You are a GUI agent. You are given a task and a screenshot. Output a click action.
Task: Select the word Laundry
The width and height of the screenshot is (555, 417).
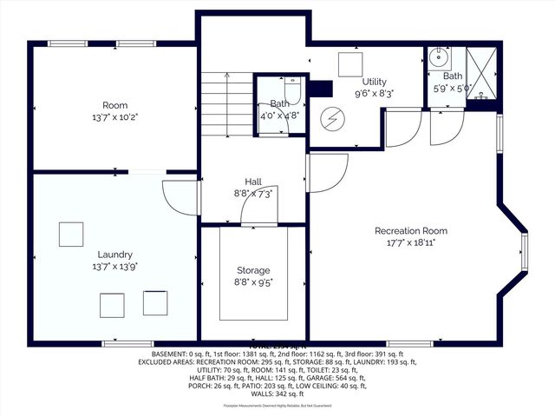(114, 255)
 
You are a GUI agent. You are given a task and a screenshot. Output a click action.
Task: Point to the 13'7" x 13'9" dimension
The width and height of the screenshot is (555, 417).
(114, 267)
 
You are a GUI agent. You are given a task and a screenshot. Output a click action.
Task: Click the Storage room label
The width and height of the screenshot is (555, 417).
(253, 270)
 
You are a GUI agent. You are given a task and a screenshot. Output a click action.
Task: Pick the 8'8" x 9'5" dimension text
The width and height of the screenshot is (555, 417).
(253, 282)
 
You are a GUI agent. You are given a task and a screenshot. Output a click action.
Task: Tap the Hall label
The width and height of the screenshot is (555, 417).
(253, 180)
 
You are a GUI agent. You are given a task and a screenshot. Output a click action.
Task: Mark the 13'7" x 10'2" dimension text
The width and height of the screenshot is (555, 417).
(114, 116)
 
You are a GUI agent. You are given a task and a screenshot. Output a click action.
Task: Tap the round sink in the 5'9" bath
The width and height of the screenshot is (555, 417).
(438, 59)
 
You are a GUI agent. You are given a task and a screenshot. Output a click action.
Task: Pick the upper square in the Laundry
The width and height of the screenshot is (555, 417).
(71, 235)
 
